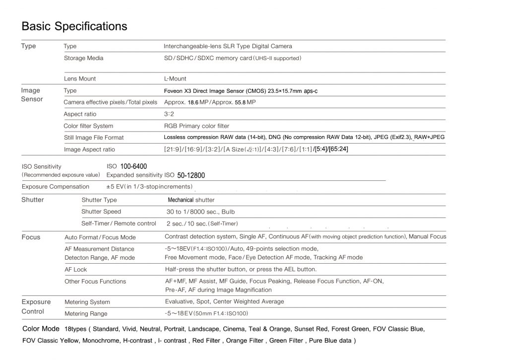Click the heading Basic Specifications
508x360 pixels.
point(74,26)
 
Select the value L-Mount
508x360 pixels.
point(175,78)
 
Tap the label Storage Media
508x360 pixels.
point(83,58)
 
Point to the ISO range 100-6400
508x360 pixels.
point(133,166)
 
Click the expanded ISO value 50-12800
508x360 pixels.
point(191,175)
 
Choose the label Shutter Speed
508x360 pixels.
point(101,212)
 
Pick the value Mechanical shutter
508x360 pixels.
point(191,200)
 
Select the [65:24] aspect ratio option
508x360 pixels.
point(338,149)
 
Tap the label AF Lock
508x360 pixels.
point(75,270)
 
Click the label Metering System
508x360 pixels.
point(87,302)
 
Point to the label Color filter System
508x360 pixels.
point(88,126)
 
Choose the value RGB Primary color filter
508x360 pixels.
point(196,126)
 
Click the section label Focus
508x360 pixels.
point(31,237)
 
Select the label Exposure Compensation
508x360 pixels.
point(56,187)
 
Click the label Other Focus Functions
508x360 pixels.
point(95,282)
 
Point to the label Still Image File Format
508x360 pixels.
point(94,138)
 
